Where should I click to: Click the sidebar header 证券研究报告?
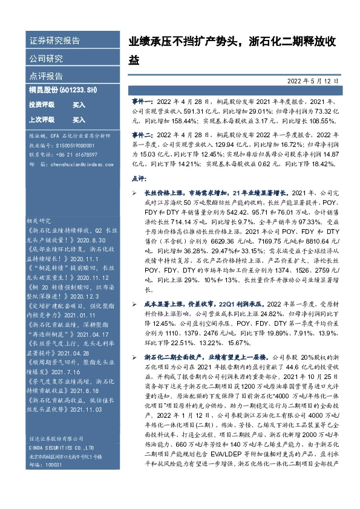coord(54,41)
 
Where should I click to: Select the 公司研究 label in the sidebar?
coord(46,59)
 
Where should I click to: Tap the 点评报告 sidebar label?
coord(46,77)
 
